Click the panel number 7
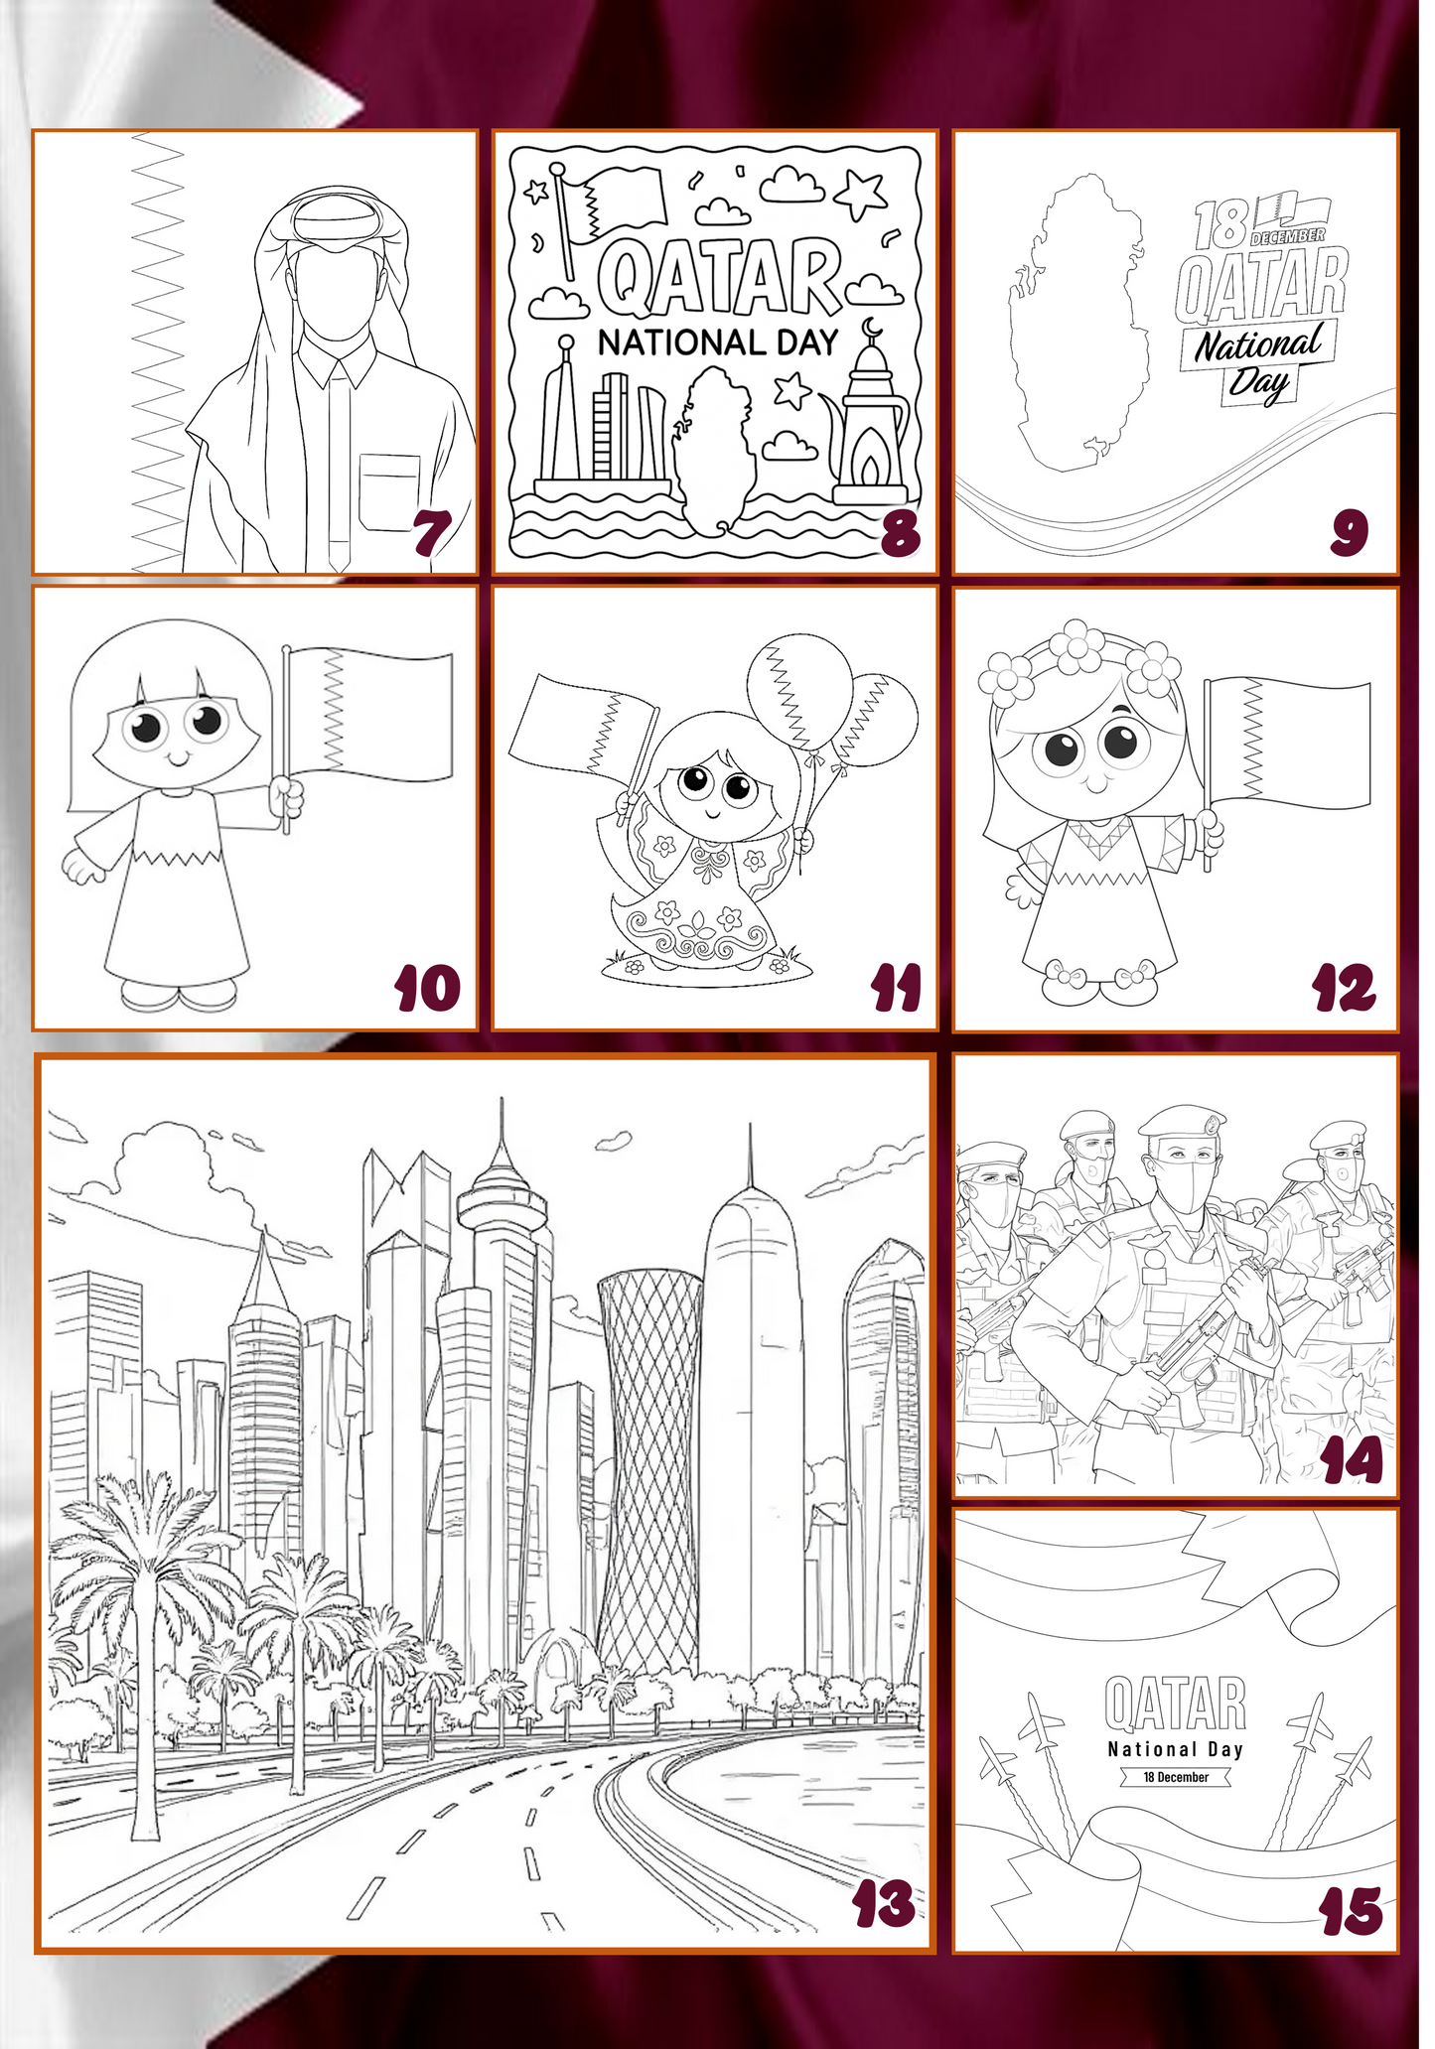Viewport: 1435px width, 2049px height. coord(433,534)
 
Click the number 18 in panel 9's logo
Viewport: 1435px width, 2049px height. coord(1220,225)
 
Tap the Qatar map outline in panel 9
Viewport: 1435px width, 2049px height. coord(1078,328)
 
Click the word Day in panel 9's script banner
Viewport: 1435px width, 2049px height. coord(1260,383)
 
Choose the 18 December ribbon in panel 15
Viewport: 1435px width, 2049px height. coord(1176,1777)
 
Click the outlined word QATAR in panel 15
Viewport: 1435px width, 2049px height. coord(1176,1705)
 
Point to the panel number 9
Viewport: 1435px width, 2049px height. coord(1351,534)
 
